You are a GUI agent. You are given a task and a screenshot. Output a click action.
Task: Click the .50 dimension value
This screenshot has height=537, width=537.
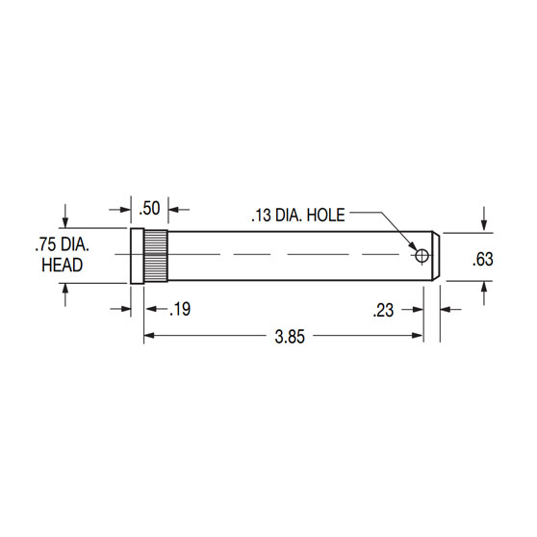(149, 208)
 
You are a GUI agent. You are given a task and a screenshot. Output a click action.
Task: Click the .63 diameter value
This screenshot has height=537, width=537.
(484, 257)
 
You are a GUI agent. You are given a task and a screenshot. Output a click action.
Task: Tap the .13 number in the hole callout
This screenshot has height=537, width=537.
(263, 215)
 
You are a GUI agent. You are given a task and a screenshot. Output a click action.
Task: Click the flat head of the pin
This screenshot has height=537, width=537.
(137, 256)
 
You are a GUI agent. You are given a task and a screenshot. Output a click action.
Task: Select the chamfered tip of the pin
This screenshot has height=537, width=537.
(436, 256)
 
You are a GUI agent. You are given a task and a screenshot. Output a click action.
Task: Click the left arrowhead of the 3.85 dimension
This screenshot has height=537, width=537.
(149, 336)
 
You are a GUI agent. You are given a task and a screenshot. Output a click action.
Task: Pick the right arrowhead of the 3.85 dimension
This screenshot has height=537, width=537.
(419, 336)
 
